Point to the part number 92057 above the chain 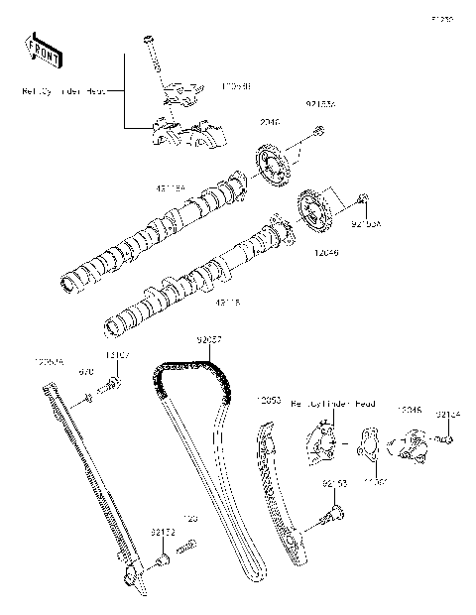208,340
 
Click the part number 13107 119,355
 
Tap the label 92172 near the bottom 163,533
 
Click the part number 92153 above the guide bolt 333,483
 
